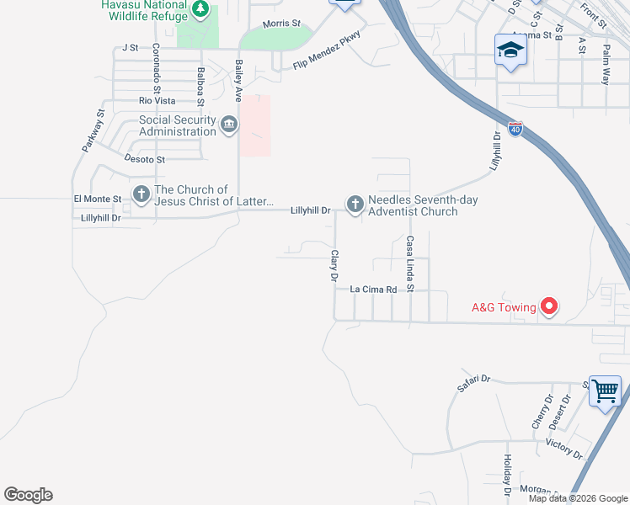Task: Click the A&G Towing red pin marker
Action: pos(549,306)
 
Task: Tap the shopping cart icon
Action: pos(605,391)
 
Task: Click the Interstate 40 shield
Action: pos(516,129)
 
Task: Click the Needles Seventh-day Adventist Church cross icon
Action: pos(355,204)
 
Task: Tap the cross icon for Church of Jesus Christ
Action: pos(141,194)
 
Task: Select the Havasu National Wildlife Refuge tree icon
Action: pos(200,9)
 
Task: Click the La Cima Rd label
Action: pos(373,290)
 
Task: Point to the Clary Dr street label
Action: pos(334,265)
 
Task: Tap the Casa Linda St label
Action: pos(410,264)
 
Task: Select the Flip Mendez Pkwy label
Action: pos(326,53)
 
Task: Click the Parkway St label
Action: pos(93,130)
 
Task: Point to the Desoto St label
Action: pos(145,159)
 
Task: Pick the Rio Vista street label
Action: pos(157,101)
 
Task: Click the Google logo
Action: pos(28,495)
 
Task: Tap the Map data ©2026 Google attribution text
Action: pos(577,498)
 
